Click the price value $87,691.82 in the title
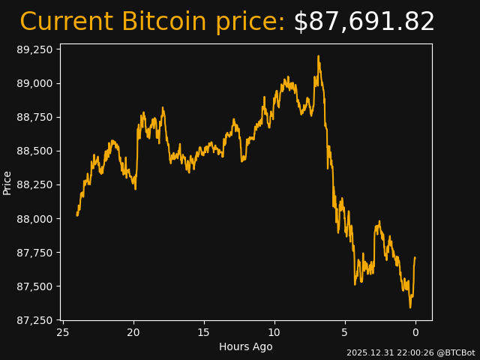pyautogui.click(x=364, y=22)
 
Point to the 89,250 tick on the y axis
pyautogui.click(x=36, y=49)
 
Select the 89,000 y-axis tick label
pyautogui.click(x=36, y=83)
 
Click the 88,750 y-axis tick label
pyautogui.click(x=36, y=117)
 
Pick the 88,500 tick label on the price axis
pyautogui.click(x=36, y=151)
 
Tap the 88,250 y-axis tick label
pyautogui.click(x=36, y=184)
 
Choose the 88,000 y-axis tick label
pyautogui.click(x=36, y=219)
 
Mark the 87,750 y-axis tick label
pyautogui.click(x=36, y=253)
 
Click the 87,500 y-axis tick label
pyautogui.click(x=36, y=286)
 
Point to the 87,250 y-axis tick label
pyautogui.click(x=36, y=320)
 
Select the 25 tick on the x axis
pyautogui.click(x=63, y=332)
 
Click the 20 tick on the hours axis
pyautogui.click(x=133, y=332)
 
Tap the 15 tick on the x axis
pyautogui.click(x=204, y=332)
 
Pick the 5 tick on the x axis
pyautogui.click(x=345, y=332)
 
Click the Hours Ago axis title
pyautogui.click(x=246, y=346)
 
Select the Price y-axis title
pyautogui.click(x=7, y=182)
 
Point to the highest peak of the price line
pyautogui.click(x=318, y=56)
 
